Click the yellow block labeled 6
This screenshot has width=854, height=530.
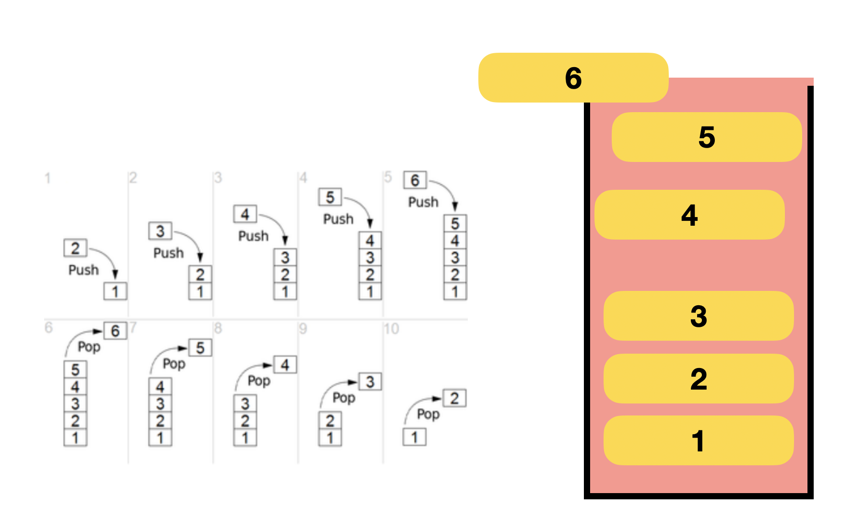(573, 78)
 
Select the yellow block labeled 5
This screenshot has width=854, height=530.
(707, 137)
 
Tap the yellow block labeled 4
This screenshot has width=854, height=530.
(689, 215)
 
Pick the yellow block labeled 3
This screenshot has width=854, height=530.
(699, 316)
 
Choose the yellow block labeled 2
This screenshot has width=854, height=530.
(699, 379)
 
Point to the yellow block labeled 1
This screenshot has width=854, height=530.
(699, 440)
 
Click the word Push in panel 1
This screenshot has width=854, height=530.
(83, 270)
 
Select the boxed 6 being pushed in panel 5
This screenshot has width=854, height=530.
(415, 181)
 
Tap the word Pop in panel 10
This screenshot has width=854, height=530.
(428, 414)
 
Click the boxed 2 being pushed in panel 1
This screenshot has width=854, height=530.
(75, 248)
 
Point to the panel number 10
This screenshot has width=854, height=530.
(391, 329)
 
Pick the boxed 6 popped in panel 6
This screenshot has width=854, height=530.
(115, 331)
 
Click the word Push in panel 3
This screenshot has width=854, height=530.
(253, 236)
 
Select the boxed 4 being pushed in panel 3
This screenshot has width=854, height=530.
(245, 214)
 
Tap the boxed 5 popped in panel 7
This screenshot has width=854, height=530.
(200, 348)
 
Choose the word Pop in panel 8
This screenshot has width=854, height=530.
(259, 381)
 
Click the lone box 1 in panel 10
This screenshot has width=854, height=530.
(415, 437)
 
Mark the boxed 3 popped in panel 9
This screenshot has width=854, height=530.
(370, 382)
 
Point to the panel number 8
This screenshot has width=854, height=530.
(218, 328)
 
